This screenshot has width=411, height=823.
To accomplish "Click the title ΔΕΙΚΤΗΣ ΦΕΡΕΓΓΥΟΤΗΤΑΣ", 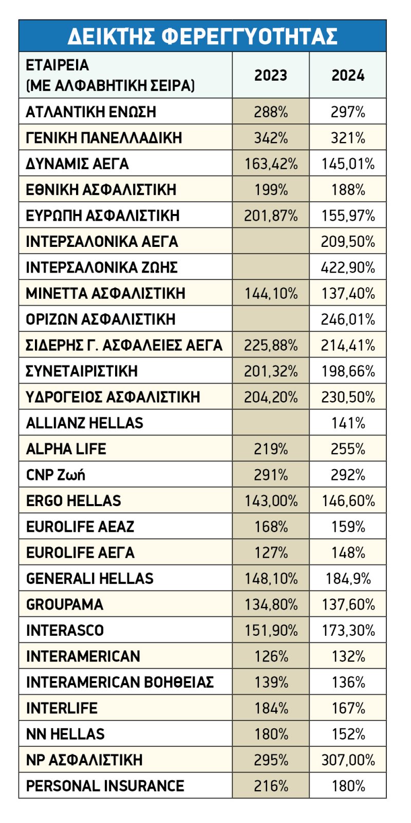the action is pyautogui.click(x=202, y=36).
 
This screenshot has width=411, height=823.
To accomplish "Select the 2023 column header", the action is pyautogui.click(x=271, y=75).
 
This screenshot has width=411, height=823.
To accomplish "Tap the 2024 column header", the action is pyautogui.click(x=348, y=75).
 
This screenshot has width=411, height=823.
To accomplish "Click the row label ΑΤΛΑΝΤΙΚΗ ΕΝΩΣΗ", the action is pyautogui.click(x=91, y=112).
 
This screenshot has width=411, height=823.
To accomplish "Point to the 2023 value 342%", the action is pyautogui.click(x=271, y=138).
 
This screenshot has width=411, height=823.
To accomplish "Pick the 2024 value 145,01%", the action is pyautogui.click(x=348, y=164).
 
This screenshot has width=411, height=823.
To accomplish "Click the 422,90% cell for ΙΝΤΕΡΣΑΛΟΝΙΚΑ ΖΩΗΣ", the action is pyautogui.click(x=348, y=267).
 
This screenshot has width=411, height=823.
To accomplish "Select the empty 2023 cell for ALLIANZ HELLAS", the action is pyautogui.click(x=271, y=423).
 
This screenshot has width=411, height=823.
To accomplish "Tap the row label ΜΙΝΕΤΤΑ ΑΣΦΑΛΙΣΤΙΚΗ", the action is pyautogui.click(x=106, y=294).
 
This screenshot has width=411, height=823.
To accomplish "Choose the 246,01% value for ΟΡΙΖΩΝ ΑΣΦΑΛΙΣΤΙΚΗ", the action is pyautogui.click(x=348, y=319).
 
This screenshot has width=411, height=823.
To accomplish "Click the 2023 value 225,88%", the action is pyautogui.click(x=271, y=345).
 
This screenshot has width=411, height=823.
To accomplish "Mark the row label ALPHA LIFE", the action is pyautogui.click(x=66, y=449).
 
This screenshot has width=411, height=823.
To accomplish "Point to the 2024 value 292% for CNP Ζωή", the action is pyautogui.click(x=348, y=475).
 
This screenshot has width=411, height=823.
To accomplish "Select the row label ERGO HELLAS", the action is pyautogui.click(x=73, y=501).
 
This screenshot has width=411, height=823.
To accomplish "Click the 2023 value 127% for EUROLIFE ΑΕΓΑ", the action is pyautogui.click(x=271, y=552).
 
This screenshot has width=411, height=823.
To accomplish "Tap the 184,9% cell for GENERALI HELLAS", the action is pyautogui.click(x=348, y=579).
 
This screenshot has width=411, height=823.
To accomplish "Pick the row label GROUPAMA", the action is pyautogui.click(x=65, y=604).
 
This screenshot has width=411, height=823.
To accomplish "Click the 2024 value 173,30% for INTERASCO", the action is pyautogui.click(x=348, y=631).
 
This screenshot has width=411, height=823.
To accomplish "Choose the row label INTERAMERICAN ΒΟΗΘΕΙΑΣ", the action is pyautogui.click(x=120, y=682).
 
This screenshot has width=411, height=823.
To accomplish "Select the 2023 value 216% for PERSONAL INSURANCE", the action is pyautogui.click(x=271, y=786).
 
